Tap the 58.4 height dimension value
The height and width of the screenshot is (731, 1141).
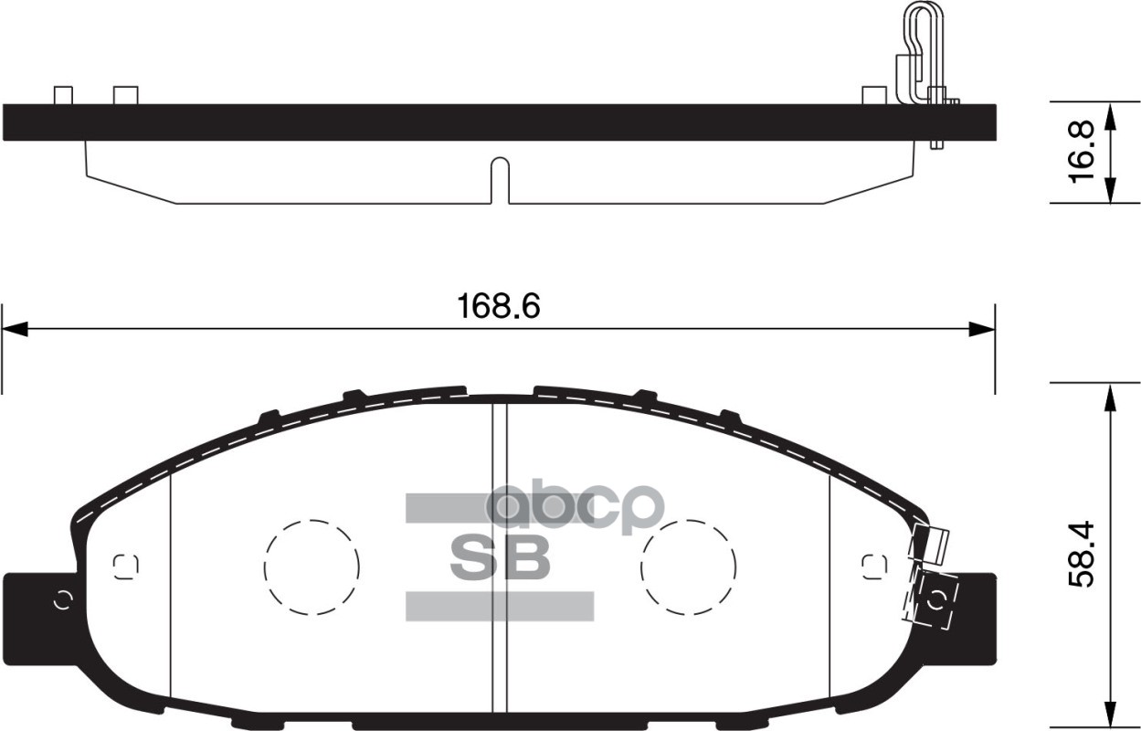[x=1082, y=556]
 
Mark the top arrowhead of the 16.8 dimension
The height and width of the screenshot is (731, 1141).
[x=1109, y=115]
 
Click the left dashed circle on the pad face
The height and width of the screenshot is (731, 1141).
[x=312, y=567]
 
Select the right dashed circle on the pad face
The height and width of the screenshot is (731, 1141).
[x=688, y=567]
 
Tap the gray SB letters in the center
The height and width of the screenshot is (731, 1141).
[x=500, y=556]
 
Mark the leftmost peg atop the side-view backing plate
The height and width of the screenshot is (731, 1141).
[x=63, y=95]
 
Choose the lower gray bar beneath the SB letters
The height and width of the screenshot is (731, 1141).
[x=500, y=606]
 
